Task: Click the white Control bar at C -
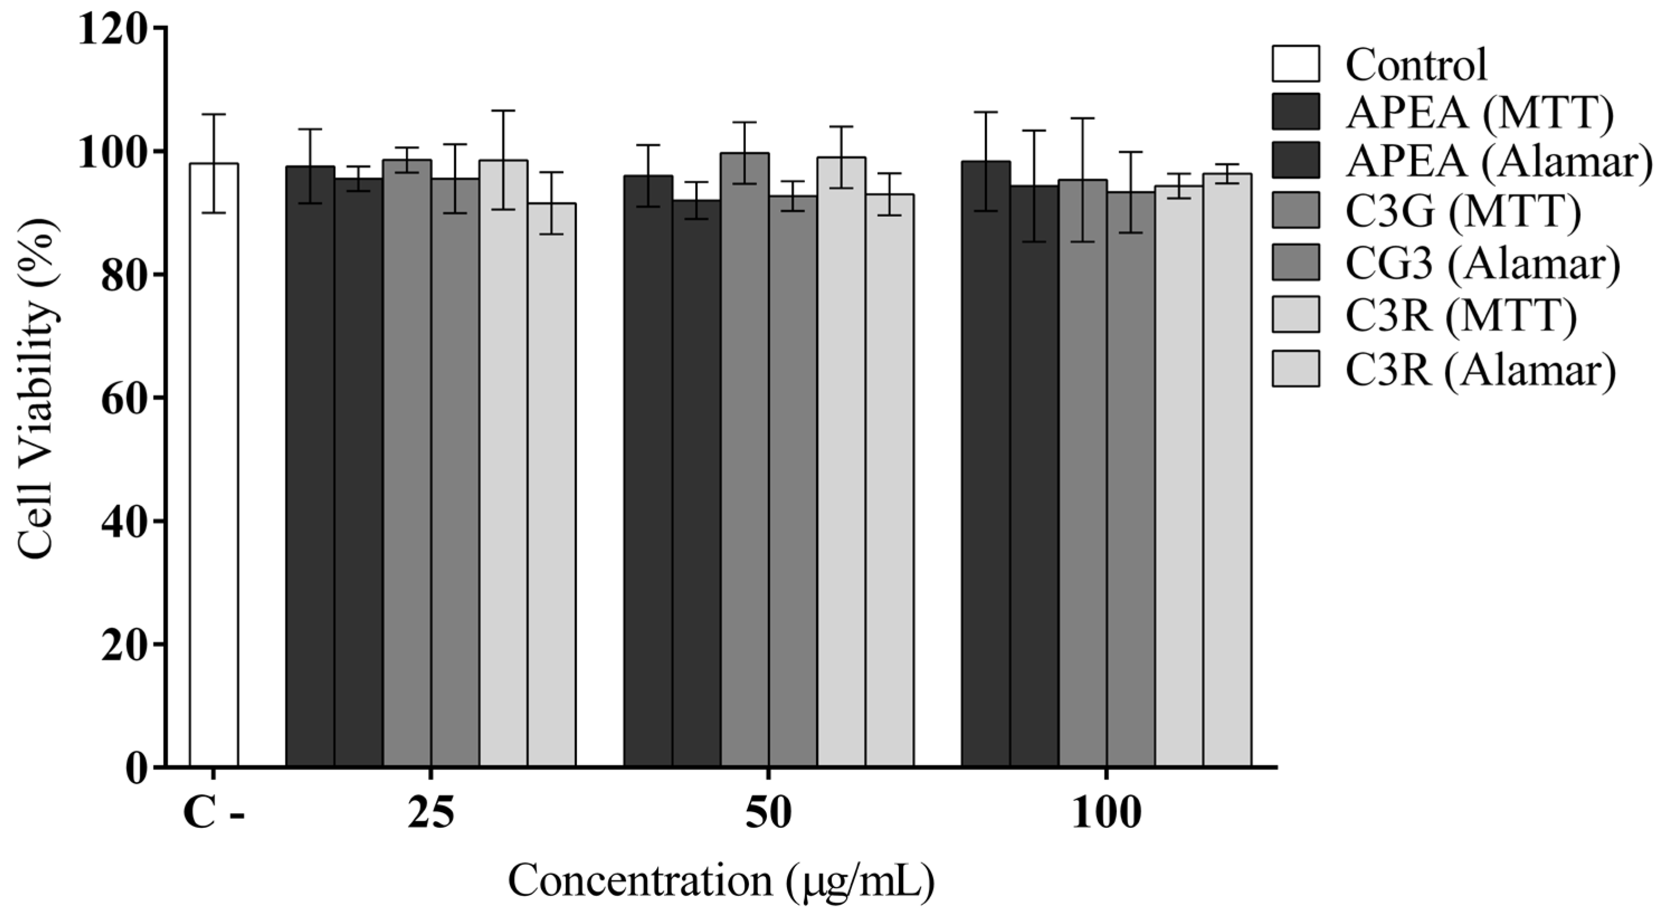[214, 465]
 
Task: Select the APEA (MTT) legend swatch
[1296, 112]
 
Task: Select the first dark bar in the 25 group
[310, 465]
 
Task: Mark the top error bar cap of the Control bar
[214, 115]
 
